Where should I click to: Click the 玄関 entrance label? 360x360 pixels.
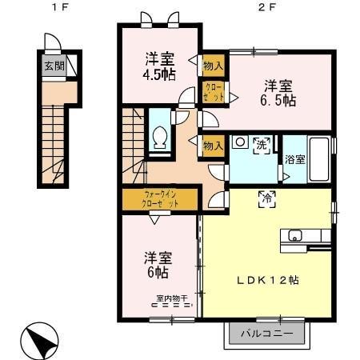(x=54, y=66)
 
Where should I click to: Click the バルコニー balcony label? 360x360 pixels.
(x=267, y=333)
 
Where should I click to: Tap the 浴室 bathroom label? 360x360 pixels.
(x=294, y=159)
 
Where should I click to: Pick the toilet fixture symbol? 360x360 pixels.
(x=160, y=138)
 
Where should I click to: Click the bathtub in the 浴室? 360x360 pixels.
(x=320, y=159)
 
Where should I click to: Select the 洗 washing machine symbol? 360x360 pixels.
(x=261, y=145)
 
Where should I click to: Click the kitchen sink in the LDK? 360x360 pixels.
(x=294, y=235)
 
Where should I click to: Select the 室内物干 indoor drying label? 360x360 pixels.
(x=171, y=299)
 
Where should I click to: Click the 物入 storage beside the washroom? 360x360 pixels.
(x=213, y=146)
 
